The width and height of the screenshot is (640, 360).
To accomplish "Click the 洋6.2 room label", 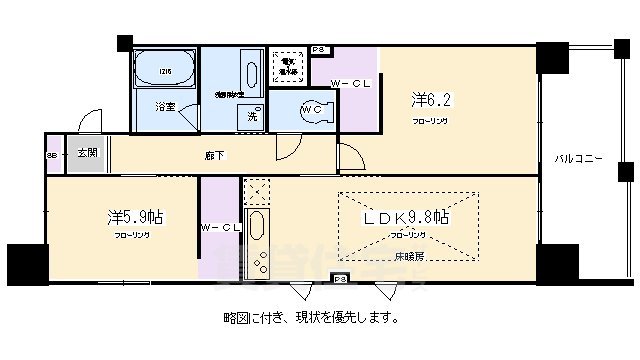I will pyautogui.click(x=429, y=100).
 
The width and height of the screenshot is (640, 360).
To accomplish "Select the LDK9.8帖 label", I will pyautogui.click(x=406, y=216).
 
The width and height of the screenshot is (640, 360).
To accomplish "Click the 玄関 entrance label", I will pyautogui.click(x=87, y=153).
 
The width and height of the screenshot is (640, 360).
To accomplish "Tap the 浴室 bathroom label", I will pyautogui.click(x=164, y=104).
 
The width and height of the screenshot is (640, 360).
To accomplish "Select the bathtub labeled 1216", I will pyautogui.click(x=165, y=70).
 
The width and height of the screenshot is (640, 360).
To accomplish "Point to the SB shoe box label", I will pyautogui.click(x=52, y=155).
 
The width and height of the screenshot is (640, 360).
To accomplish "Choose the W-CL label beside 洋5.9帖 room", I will pyautogui.click(x=220, y=229).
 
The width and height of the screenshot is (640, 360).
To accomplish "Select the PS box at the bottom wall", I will pyautogui.click(x=340, y=279).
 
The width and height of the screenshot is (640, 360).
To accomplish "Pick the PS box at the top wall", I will pyautogui.click(x=318, y=48).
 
